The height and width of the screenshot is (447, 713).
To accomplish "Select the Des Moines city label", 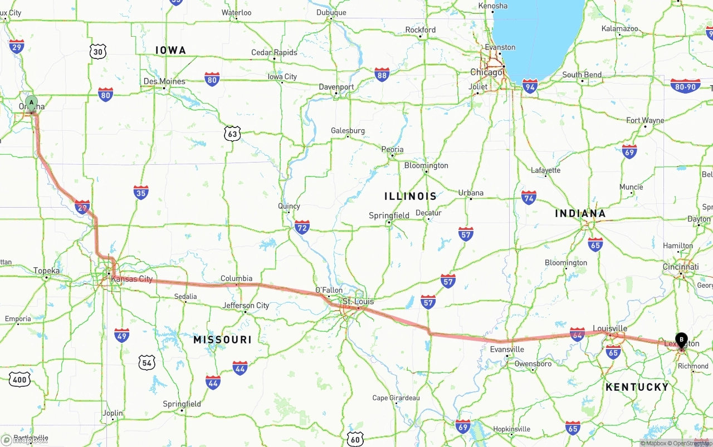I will click(164, 81).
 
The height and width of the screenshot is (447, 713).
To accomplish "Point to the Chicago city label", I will click(486, 72).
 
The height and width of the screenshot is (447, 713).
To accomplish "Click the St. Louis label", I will click(358, 301).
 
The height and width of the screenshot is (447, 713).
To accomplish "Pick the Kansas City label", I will click(131, 279).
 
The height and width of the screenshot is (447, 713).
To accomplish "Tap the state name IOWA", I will click(170, 51).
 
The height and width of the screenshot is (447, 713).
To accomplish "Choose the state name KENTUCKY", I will click(637, 387).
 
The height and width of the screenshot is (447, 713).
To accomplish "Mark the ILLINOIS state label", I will click(411, 196).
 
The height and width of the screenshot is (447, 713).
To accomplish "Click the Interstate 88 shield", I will click(382, 75).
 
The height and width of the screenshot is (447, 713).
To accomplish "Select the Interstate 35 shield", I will click(141, 193).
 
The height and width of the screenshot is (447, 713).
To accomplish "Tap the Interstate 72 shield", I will click(302, 227).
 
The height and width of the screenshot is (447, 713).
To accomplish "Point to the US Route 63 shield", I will click(232, 133).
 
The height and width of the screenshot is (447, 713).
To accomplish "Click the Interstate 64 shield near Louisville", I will click(577, 333).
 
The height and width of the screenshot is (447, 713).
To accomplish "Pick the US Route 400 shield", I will click(19, 380).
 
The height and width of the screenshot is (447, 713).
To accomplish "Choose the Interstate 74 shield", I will click(529, 197).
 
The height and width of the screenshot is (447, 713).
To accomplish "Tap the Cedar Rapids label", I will click(274, 53).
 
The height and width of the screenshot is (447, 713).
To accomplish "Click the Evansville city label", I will click(507, 350).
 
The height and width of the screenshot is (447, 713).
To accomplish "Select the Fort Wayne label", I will click(645, 120).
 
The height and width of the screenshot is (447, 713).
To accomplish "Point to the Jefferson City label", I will click(246, 306).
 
